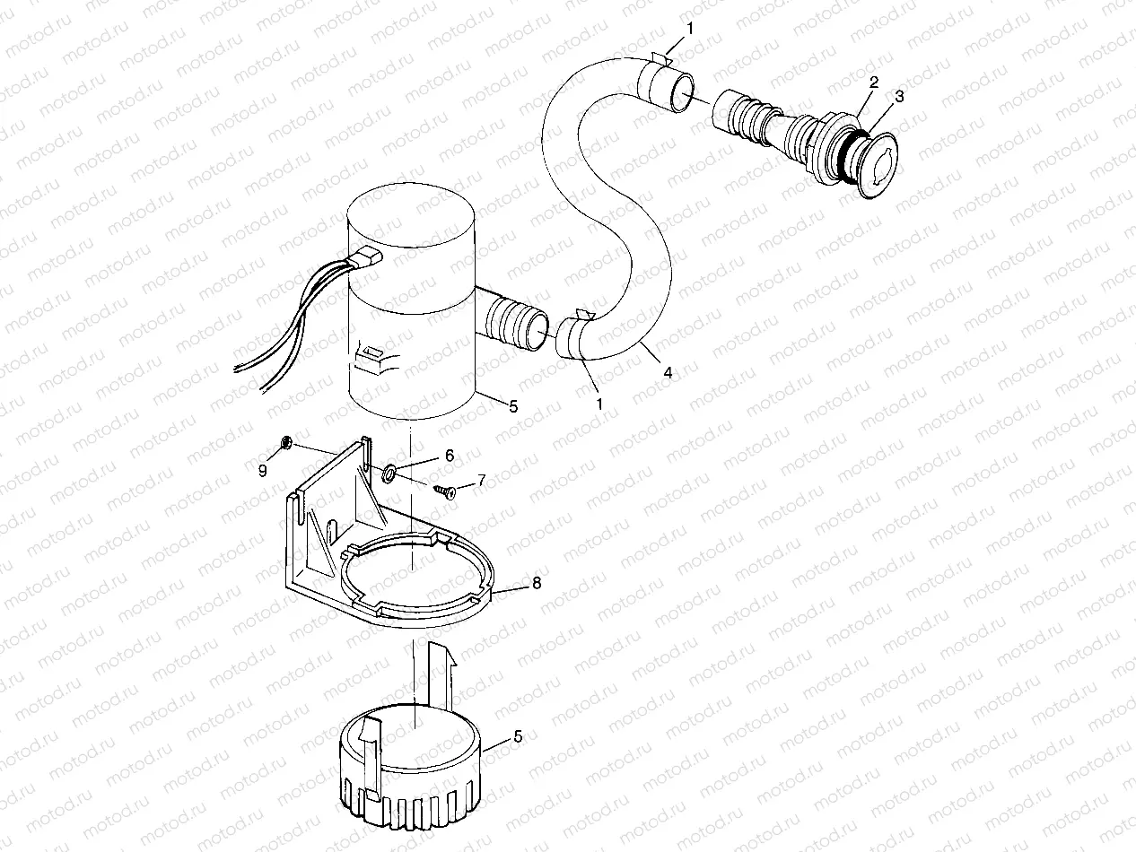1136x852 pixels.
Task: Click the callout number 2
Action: [x=872, y=83]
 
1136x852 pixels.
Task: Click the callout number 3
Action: [x=900, y=94]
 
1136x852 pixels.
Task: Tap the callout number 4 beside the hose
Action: [x=667, y=372]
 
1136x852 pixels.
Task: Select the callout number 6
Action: [x=450, y=456]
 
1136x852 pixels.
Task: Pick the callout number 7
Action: [x=481, y=481]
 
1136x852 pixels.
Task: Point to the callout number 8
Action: [x=537, y=583]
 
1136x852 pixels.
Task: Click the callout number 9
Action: [x=263, y=471]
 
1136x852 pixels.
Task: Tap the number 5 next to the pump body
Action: [x=512, y=406]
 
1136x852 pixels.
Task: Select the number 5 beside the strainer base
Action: [x=517, y=736]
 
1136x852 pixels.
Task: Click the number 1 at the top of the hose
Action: [x=690, y=29]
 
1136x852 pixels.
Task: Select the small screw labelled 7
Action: [x=442, y=490]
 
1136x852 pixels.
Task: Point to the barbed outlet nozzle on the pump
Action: [x=516, y=323]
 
